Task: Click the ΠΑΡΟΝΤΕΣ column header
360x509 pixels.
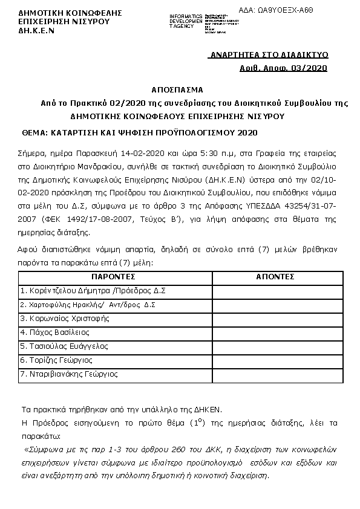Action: pyautogui.click(x=113, y=276)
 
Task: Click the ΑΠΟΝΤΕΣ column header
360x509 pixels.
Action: pyautogui.click(x=275, y=276)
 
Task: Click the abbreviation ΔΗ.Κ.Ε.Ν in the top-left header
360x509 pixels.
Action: pyautogui.click(x=32, y=29)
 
